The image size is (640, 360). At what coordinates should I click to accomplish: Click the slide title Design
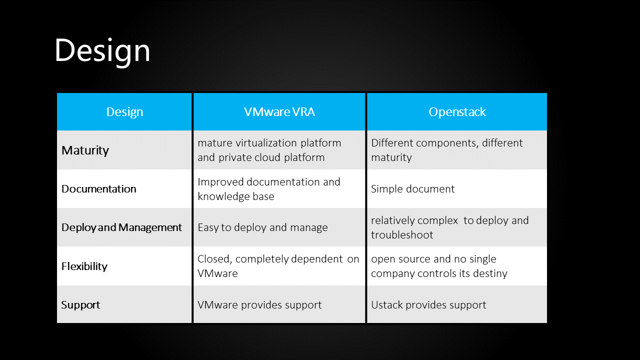coord(102,51)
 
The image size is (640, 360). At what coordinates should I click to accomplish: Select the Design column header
coord(124,112)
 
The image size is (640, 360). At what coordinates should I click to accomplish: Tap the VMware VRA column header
coord(279,111)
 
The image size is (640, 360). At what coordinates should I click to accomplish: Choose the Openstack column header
coord(457,112)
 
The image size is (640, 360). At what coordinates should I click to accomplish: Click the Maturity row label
coord(85,150)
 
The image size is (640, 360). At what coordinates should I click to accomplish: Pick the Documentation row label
coord(99,189)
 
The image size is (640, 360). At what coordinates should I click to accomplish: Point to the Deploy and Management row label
coord(121,227)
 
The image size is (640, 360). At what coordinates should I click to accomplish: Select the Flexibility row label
coord(84,266)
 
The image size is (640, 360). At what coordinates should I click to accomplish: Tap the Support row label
coord(80,305)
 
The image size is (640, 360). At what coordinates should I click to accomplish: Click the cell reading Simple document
coord(412,189)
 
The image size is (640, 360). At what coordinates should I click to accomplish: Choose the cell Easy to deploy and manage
coord(262,227)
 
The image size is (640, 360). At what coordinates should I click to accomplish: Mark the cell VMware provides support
coord(259,305)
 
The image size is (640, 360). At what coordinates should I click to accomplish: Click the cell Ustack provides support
coord(428,305)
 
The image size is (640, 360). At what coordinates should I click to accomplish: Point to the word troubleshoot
coord(402,235)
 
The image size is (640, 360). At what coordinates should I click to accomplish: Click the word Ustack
coord(387,305)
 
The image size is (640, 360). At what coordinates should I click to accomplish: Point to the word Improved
coord(220,182)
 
